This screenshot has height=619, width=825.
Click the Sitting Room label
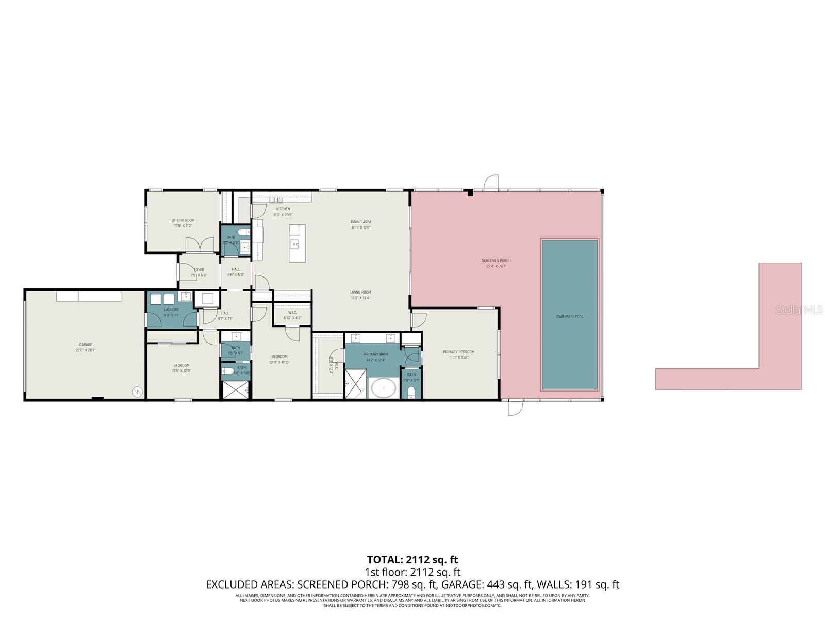click(183, 220)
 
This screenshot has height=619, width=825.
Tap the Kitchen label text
click(283, 209)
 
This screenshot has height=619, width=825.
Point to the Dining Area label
click(361, 222)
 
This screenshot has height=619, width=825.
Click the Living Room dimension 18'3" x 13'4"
click(360, 298)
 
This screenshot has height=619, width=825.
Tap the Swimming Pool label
click(570, 316)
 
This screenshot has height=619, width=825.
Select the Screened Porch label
click(496, 260)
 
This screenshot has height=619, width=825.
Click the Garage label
click(86, 345)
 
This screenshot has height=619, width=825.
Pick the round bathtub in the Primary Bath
click(382, 388)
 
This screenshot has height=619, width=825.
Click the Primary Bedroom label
click(458, 352)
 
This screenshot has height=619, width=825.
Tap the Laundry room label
click(171, 309)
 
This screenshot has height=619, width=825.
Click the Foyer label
click(199, 270)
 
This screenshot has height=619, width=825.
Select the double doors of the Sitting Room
click(199, 246)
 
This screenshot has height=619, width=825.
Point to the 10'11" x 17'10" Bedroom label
click(279, 362)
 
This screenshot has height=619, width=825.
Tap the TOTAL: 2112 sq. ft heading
click(412, 560)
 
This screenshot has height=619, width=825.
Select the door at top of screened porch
click(491, 183)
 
